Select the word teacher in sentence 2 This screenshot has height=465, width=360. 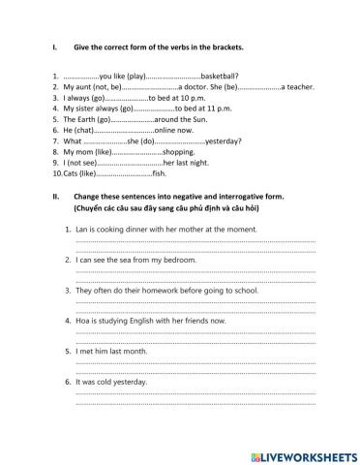(x=299, y=87)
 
